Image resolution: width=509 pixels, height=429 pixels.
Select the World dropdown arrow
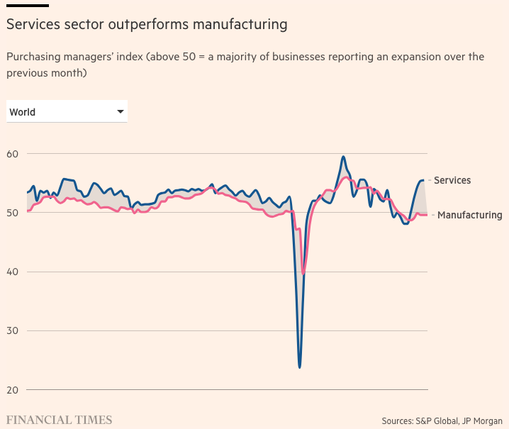pyautogui.click(x=121, y=111)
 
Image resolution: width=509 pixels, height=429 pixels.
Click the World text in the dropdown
pyautogui.click(x=23, y=112)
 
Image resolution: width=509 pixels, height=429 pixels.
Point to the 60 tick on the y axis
pyautogui.click(x=13, y=154)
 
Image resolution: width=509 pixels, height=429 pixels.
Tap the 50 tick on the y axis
pyautogui.click(x=13, y=213)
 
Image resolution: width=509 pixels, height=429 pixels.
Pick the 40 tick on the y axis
pyautogui.click(x=13, y=272)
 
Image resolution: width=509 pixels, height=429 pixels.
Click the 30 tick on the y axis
pyautogui.click(x=13, y=331)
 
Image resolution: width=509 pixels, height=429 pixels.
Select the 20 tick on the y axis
pyautogui.click(x=13, y=390)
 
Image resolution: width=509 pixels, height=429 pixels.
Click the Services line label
pyautogui.click(x=452, y=180)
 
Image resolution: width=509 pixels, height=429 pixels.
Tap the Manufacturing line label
pyautogui.click(x=470, y=215)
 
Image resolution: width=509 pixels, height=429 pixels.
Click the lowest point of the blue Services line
pyautogui.click(x=300, y=367)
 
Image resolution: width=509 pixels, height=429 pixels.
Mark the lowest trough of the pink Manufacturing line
pyautogui.click(x=303, y=273)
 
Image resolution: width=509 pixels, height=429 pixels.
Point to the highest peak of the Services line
pyautogui.click(x=343, y=157)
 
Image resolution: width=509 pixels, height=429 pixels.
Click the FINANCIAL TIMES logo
pyautogui.click(x=60, y=420)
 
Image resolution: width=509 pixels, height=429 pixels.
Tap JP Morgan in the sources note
pyautogui.click(x=481, y=420)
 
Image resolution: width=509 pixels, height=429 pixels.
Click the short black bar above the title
pyautogui.click(x=28, y=5)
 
